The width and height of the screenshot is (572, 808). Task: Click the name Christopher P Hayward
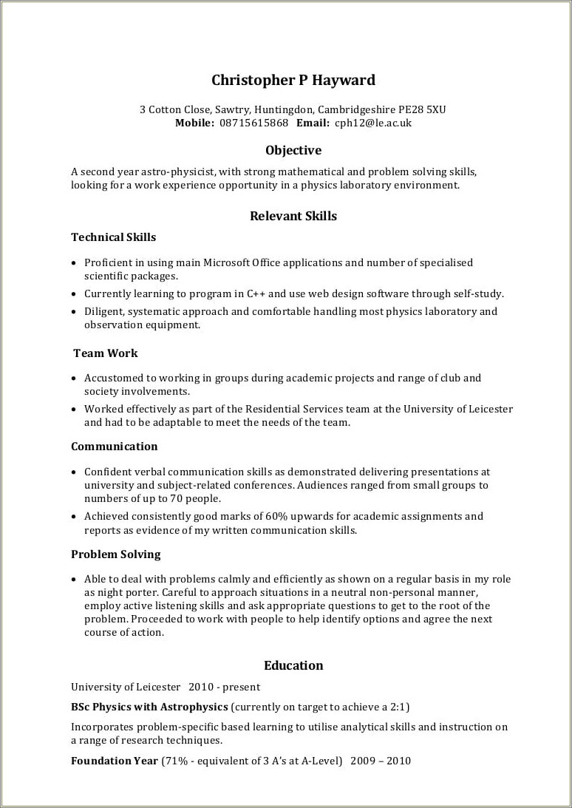pyautogui.click(x=293, y=80)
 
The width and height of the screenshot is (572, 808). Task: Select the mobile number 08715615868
pyautogui.click(x=253, y=123)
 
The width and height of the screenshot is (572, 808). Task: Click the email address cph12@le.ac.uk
pyautogui.click(x=372, y=123)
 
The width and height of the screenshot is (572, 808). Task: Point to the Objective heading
pyautogui.click(x=293, y=150)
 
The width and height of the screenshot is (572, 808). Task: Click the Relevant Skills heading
pyautogui.click(x=293, y=216)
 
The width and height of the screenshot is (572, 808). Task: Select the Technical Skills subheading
pyautogui.click(x=113, y=237)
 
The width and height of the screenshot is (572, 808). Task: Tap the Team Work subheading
pyautogui.click(x=105, y=353)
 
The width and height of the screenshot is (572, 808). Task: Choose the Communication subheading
pyautogui.click(x=114, y=447)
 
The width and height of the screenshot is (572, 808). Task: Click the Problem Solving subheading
pyautogui.click(x=115, y=554)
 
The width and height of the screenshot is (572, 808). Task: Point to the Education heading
pyautogui.click(x=293, y=665)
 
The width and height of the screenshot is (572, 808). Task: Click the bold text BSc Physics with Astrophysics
pyautogui.click(x=149, y=706)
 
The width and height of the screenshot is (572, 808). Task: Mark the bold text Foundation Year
pyautogui.click(x=115, y=761)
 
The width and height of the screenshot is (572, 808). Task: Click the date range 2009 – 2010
pyautogui.click(x=381, y=761)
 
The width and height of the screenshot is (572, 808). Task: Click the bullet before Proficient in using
pyautogui.click(x=74, y=263)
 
